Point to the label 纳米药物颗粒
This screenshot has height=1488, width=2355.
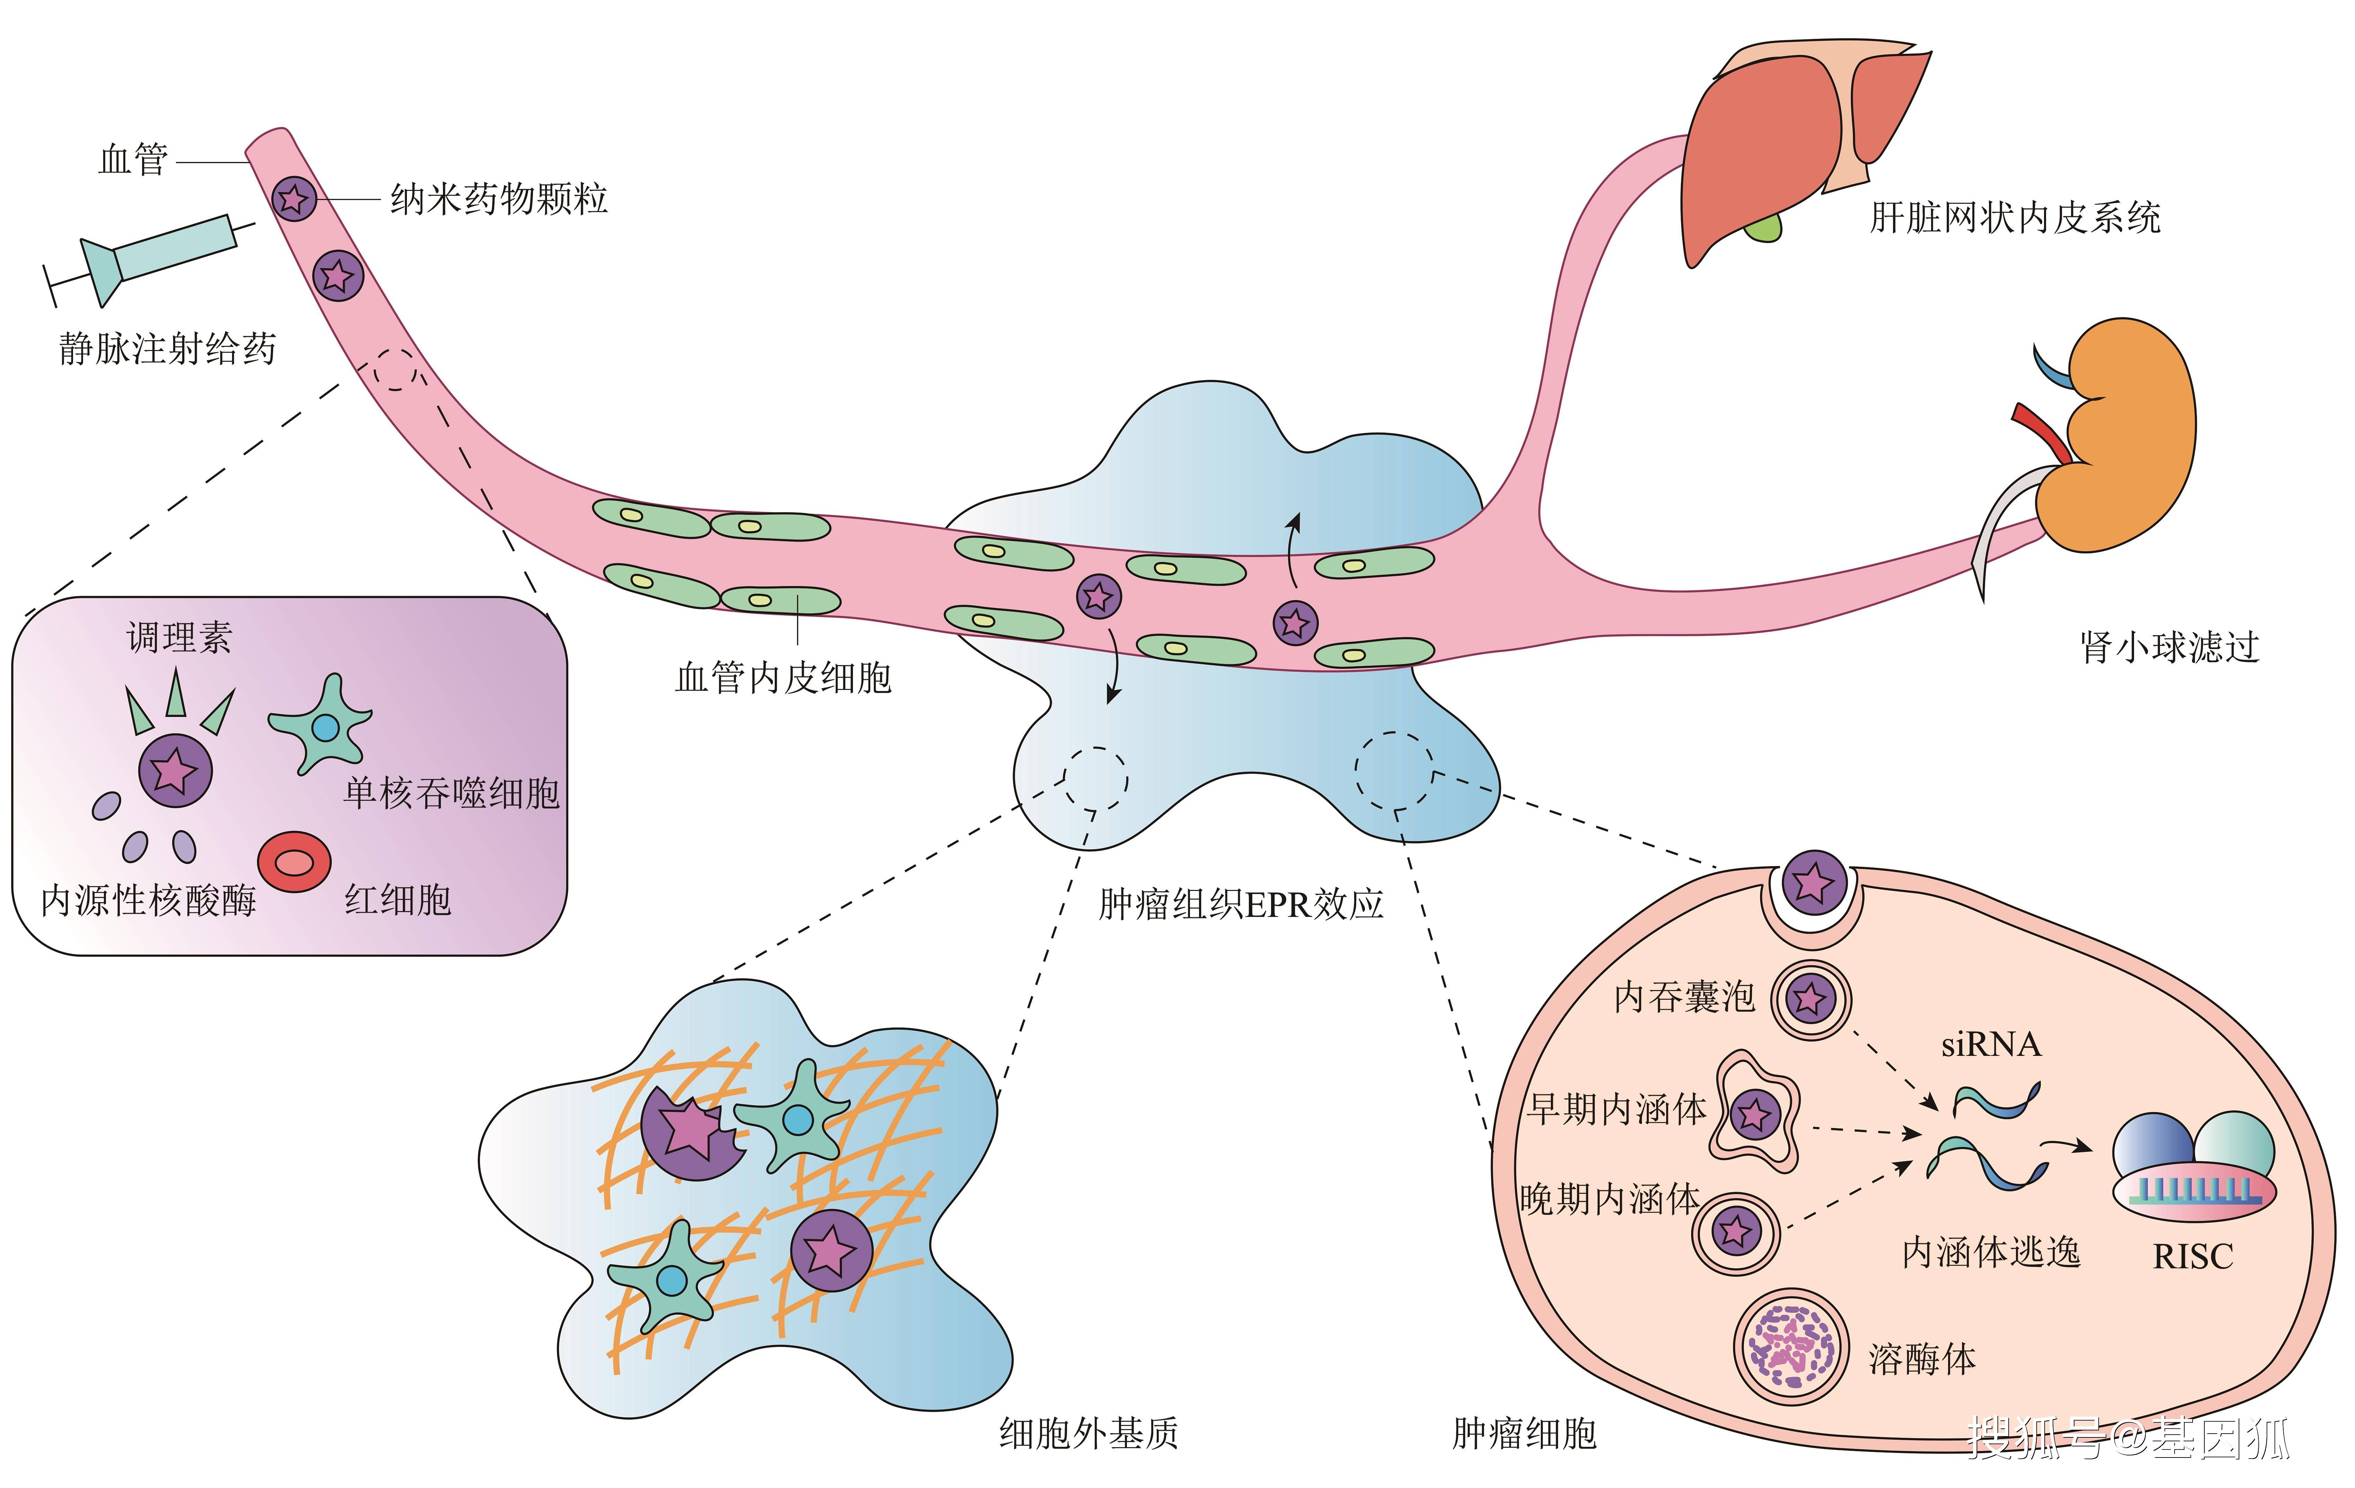pyautogui.click(x=499, y=200)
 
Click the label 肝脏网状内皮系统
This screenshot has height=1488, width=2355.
pyautogui.click(x=2015, y=217)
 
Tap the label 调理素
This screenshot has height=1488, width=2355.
pyautogui.click(x=179, y=638)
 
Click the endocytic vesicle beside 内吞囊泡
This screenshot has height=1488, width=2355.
pyautogui.click(x=1811, y=999)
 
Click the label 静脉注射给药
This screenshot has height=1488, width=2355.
pyautogui.click(x=167, y=348)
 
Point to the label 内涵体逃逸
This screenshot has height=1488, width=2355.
pyautogui.click(x=1990, y=1252)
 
